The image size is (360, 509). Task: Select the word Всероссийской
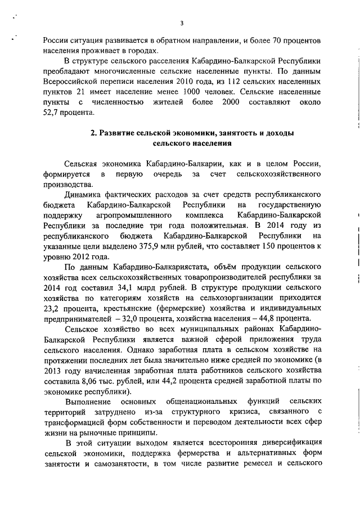70,82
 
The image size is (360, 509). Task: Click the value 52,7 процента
52,112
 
